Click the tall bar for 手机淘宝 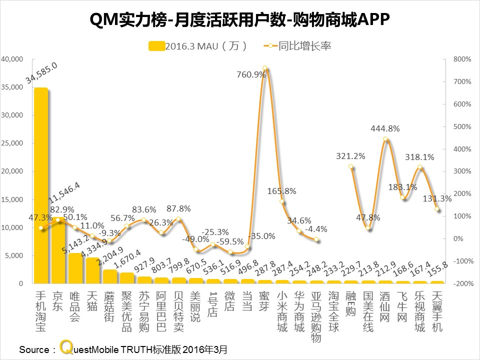click(41, 185)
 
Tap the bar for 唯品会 click(75, 268)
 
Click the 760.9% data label click(251, 74)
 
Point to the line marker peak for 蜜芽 click(264, 68)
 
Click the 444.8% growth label click(385, 128)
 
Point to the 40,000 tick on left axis click(13, 59)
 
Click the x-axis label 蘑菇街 click(109, 307)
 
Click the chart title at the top click(239, 19)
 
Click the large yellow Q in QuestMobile click(65, 347)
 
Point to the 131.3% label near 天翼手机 click(438, 198)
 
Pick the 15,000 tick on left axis click(13, 199)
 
